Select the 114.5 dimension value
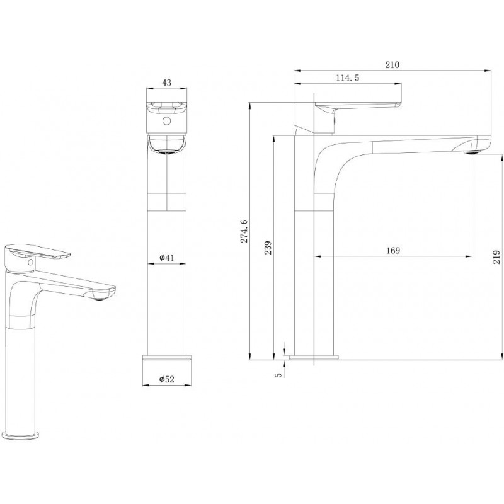pos(348,78)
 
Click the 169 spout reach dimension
pos(392,251)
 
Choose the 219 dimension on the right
pos(497,257)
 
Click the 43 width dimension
pos(168,82)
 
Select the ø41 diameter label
pos(167,258)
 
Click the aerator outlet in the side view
pos(471,151)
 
